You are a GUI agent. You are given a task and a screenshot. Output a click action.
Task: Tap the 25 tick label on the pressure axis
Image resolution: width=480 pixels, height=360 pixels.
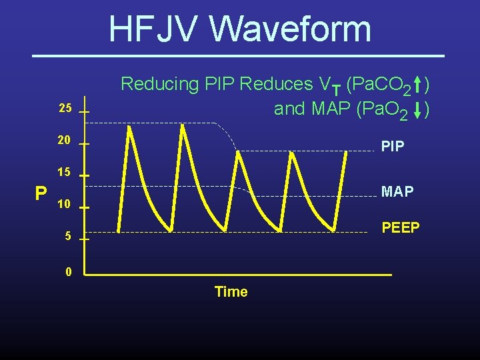65,109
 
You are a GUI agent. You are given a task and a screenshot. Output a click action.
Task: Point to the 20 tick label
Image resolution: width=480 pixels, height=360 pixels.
65,141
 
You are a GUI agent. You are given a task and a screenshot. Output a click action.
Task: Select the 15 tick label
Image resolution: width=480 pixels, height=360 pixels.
65,172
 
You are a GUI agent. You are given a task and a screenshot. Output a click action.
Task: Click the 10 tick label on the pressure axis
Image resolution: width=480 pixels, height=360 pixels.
65,204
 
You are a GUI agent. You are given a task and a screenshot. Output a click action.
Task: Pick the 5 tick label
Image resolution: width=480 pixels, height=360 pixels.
67,236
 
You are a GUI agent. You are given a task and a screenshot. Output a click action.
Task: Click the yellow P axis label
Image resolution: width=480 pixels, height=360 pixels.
41,193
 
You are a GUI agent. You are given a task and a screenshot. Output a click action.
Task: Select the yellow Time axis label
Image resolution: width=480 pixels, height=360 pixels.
231,292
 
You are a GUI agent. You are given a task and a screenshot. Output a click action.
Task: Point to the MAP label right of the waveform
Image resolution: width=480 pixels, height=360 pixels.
397,192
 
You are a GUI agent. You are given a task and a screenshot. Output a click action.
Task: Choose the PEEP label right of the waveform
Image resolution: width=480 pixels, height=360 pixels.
400,228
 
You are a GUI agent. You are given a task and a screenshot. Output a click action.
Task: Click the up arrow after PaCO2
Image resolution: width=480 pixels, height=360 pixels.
417,85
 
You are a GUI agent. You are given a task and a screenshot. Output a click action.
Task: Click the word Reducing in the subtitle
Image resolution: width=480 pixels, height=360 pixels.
159,84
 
